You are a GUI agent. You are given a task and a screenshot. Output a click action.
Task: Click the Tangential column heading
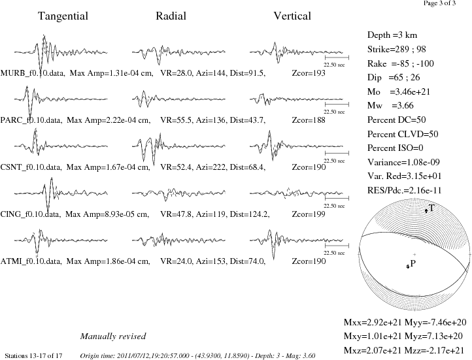point(63,16)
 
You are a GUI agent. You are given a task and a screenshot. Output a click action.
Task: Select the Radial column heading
point(171,16)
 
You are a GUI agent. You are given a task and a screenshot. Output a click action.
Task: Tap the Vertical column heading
point(292,16)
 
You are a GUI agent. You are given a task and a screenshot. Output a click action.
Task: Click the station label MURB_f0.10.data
point(33,73)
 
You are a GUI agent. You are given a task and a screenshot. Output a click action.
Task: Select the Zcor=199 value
point(309,214)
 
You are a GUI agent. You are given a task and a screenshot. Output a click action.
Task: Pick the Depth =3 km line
point(392,35)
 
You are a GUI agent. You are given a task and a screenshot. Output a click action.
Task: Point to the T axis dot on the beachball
point(426,211)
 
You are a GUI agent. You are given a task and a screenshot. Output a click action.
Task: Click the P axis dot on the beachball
point(408,266)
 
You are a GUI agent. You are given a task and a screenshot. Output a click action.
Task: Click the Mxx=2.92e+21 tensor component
point(373,322)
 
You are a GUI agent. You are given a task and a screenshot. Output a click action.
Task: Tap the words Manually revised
point(113,336)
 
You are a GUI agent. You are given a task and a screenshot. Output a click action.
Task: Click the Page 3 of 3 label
point(439,3)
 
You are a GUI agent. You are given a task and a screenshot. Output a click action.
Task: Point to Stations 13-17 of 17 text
point(34,356)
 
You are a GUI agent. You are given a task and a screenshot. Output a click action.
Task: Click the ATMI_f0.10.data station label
point(31,261)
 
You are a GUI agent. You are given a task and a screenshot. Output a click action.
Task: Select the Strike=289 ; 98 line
point(396,49)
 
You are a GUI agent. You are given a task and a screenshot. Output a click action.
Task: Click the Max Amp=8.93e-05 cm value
point(107,214)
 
